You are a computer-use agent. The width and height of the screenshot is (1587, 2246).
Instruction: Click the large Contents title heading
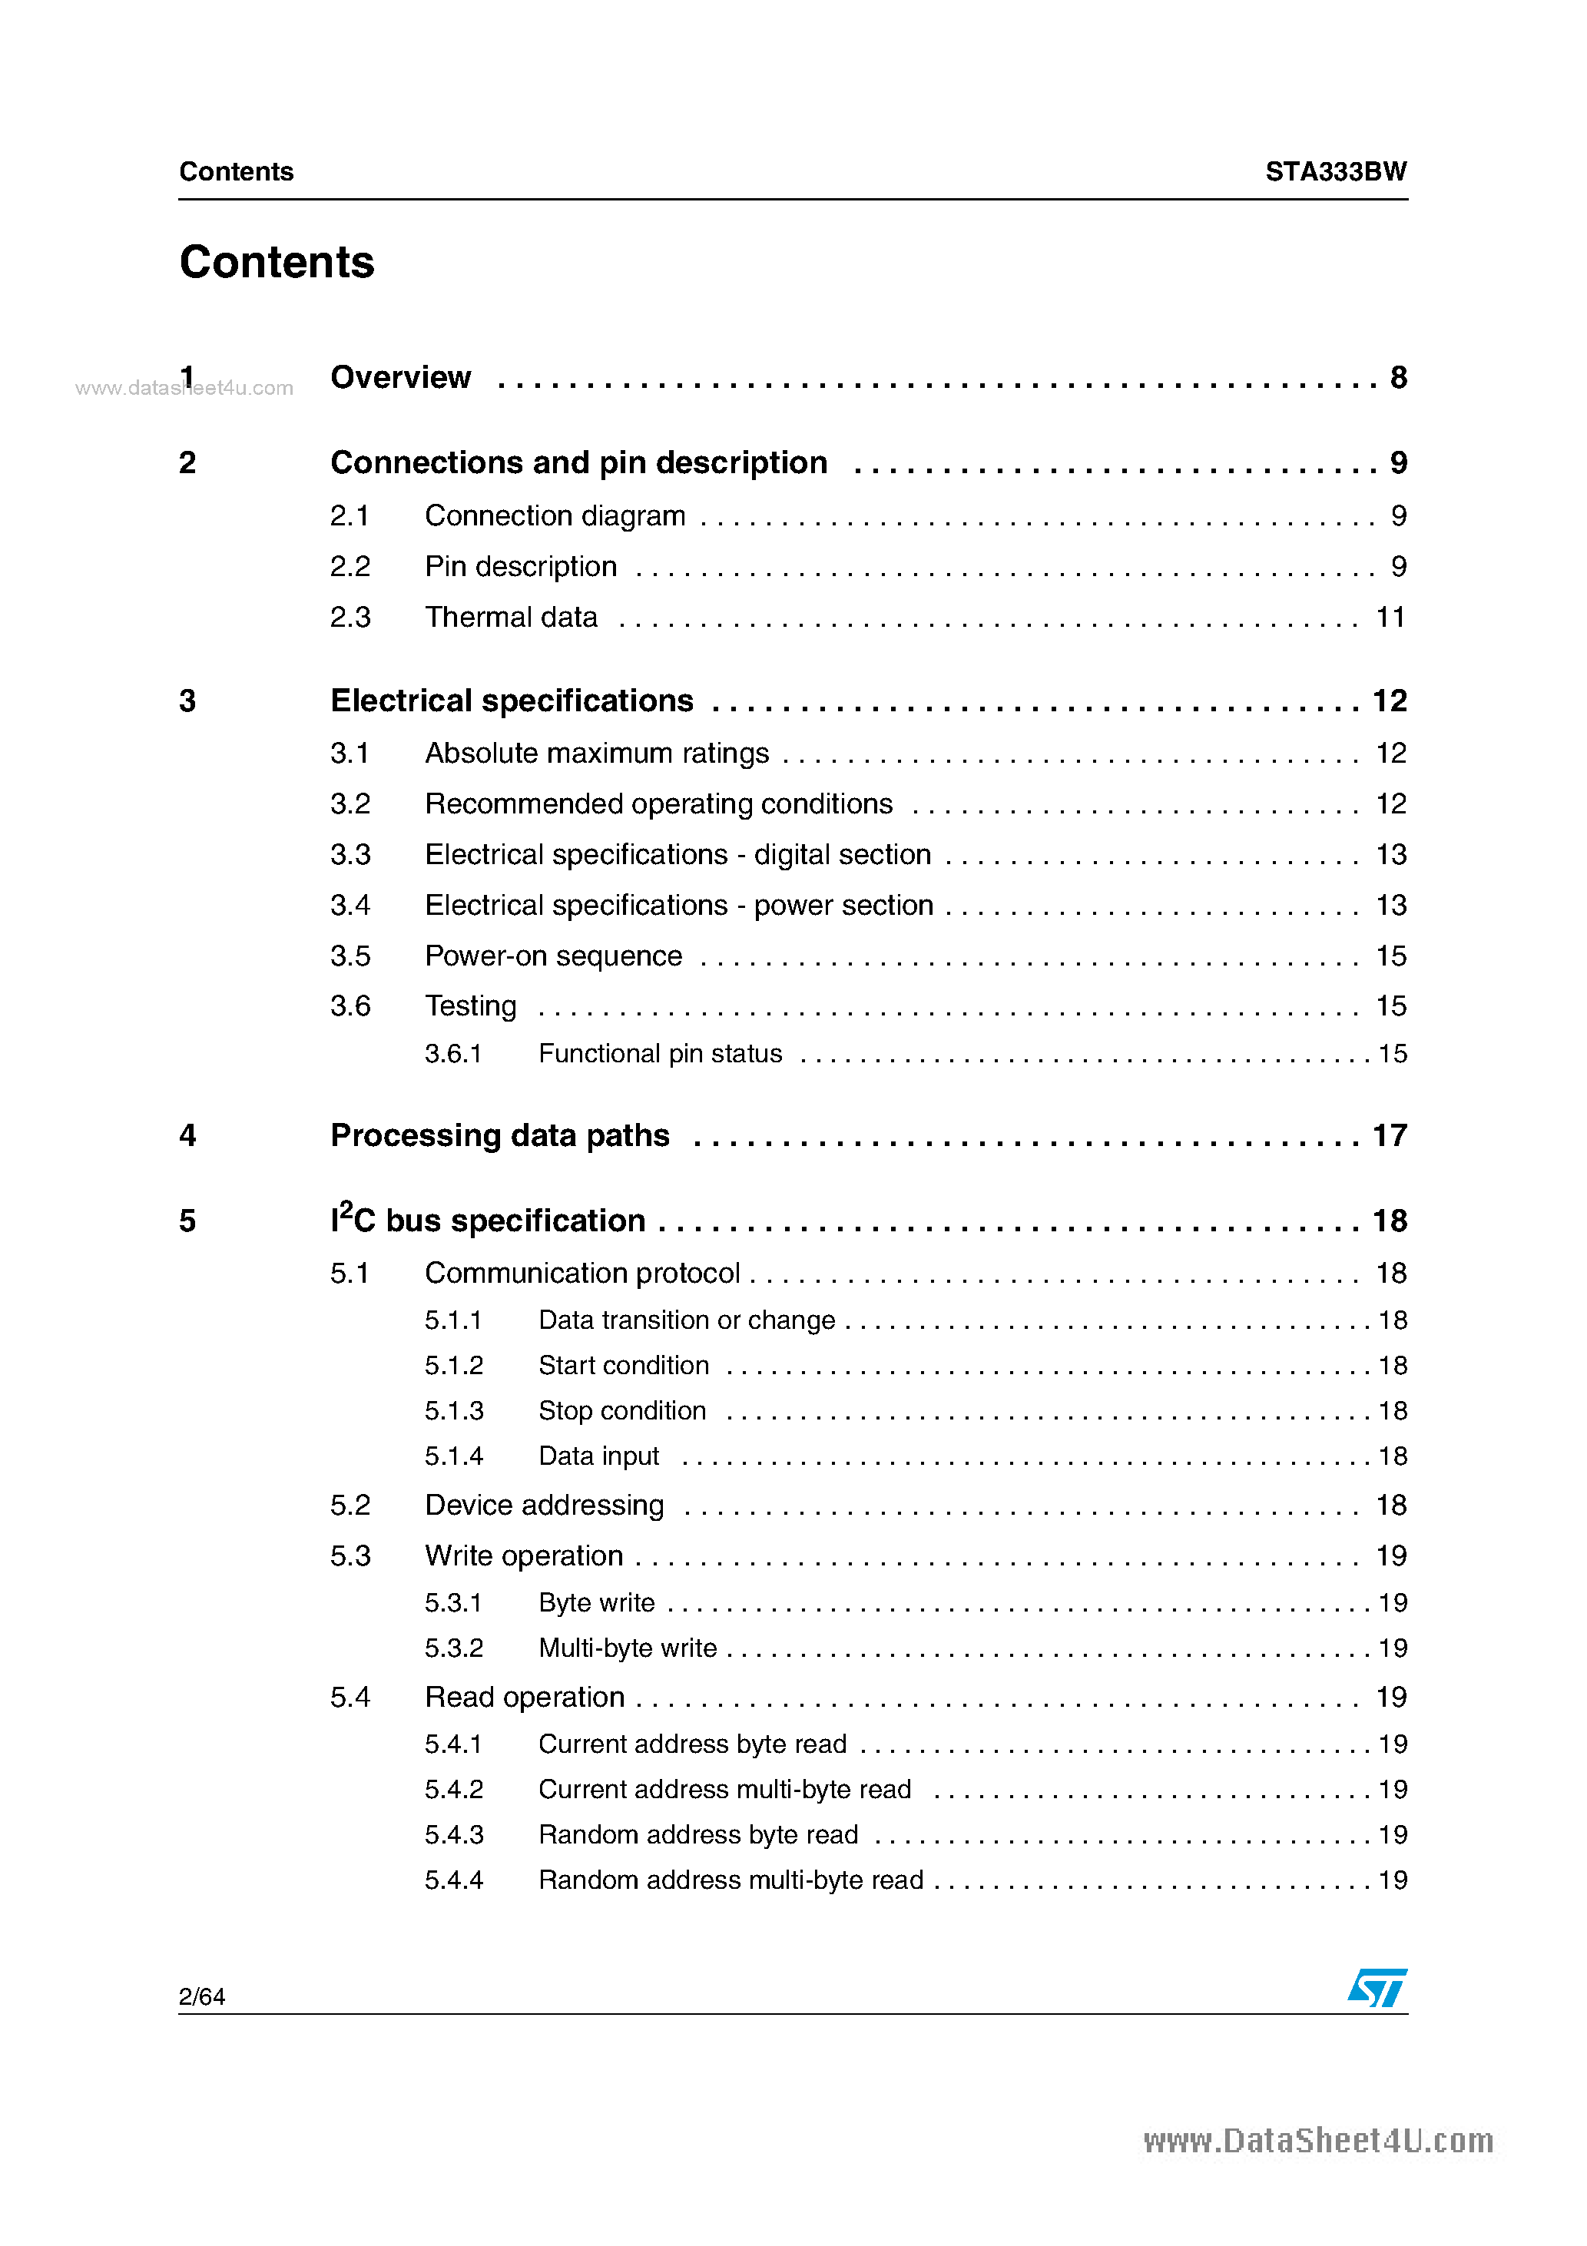pyautogui.click(x=277, y=262)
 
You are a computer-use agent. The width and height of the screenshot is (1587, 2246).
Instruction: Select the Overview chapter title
pyautogui.click(x=400, y=378)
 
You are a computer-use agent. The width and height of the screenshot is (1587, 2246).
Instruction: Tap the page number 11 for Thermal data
pyautogui.click(x=1390, y=618)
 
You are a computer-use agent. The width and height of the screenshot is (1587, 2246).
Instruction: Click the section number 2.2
pyautogui.click(x=350, y=566)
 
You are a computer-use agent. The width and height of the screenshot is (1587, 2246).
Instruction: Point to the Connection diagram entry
pyautogui.click(x=554, y=515)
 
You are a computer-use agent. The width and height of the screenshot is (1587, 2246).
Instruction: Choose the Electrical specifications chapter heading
pyautogui.click(x=511, y=701)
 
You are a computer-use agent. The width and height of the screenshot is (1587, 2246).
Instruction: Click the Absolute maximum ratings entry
pyautogui.click(x=596, y=754)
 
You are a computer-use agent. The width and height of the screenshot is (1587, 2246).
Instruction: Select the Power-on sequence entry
pyautogui.click(x=553, y=956)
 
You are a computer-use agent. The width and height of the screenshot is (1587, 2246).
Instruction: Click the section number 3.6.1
pyautogui.click(x=453, y=1054)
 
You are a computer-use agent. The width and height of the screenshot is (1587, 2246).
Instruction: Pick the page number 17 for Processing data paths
pyautogui.click(x=1390, y=1136)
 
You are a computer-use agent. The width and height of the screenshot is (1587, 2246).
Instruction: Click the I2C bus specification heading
pyautogui.click(x=487, y=1221)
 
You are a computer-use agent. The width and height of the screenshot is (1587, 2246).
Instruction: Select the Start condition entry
pyautogui.click(x=623, y=1366)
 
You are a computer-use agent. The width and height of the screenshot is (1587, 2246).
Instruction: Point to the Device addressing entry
pyautogui.click(x=544, y=1505)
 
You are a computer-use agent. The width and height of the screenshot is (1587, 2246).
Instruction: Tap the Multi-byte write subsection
pyautogui.click(x=627, y=1648)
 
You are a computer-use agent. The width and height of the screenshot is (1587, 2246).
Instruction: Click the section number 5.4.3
pyautogui.click(x=453, y=1834)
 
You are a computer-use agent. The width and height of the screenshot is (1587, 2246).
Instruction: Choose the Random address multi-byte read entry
pyautogui.click(x=730, y=1880)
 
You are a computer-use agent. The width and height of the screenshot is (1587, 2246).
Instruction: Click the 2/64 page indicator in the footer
pyautogui.click(x=201, y=1996)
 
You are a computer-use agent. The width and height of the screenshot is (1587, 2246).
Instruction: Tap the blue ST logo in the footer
pyautogui.click(x=1377, y=1988)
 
